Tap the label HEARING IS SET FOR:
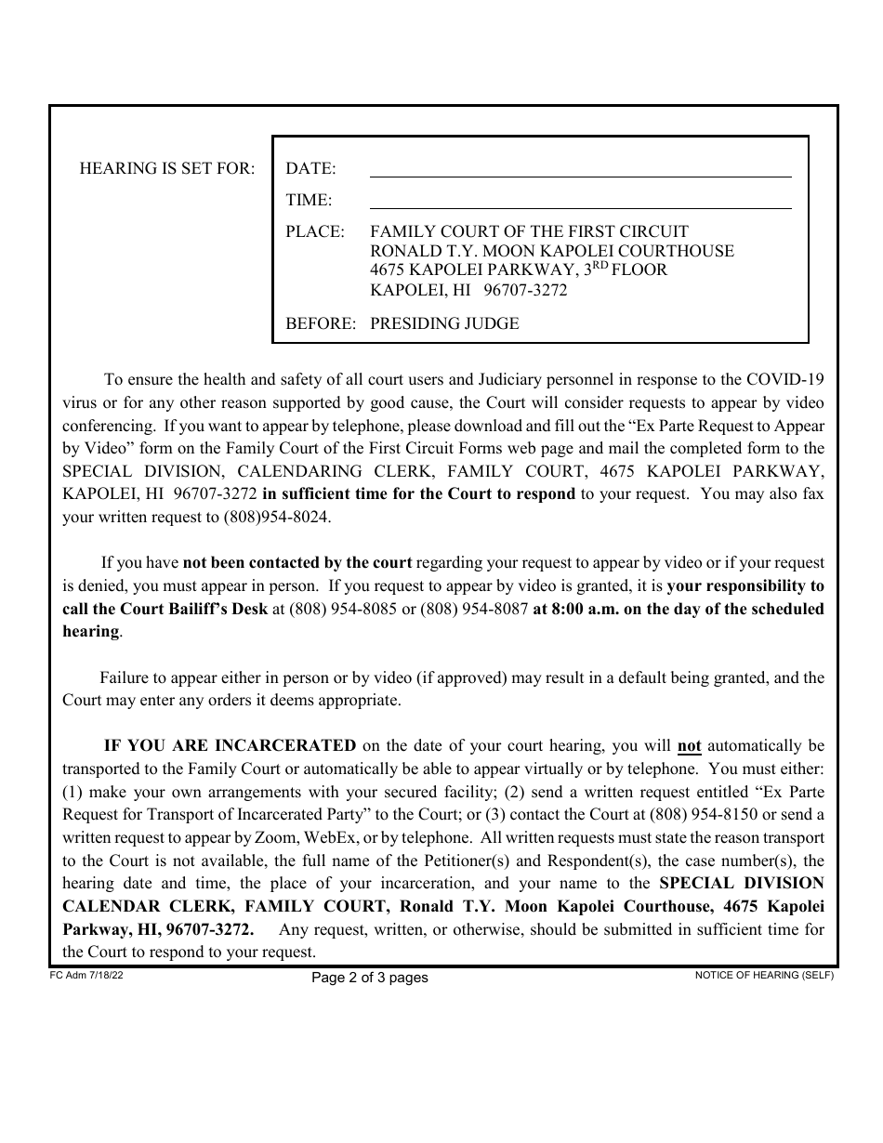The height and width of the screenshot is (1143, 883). tap(167, 168)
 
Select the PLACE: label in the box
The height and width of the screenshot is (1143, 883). tap(315, 231)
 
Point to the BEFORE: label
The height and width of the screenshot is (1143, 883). tap(321, 323)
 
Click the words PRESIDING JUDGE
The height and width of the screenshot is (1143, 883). tap(444, 323)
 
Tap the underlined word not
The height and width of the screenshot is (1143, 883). tap(689, 745)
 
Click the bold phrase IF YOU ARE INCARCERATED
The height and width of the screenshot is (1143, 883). tap(230, 745)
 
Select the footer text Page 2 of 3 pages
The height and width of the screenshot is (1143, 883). tap(370, 978)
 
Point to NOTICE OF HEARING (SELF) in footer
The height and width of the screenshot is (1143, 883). tap(764, 976)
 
